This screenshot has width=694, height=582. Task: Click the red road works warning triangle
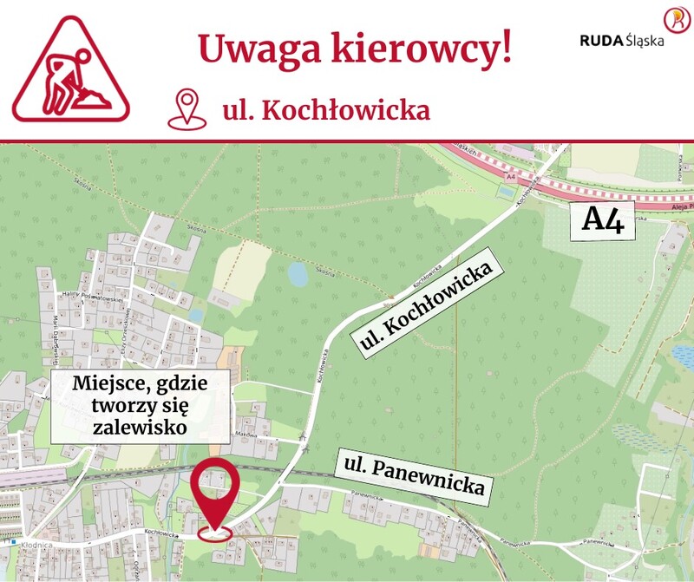[x=70, y=69]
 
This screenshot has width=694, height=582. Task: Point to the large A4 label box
[x=603, y=220]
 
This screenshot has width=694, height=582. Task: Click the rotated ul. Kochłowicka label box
[x=427, y=299]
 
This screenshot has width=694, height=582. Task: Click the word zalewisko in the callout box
[x=141, y=428]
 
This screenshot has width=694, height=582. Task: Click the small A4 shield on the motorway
[x=510, y=177]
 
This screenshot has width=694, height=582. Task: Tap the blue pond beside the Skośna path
[x=297, y=275]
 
